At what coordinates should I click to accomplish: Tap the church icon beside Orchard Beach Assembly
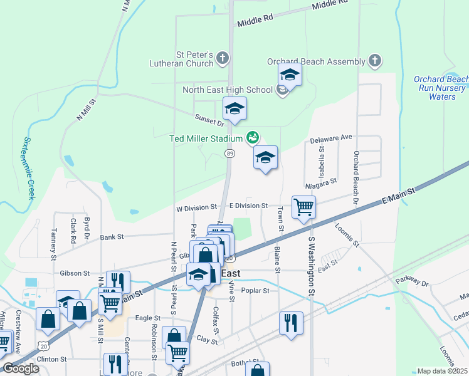point(375,61)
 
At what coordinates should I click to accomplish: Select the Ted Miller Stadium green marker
point(253,137)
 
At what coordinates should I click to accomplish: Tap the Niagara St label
point(322,183)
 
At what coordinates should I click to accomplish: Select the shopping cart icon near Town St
point(303,207)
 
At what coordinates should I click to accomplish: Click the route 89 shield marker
point(230,154)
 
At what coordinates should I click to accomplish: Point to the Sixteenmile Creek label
point(29,169)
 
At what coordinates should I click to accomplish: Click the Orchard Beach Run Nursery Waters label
point(441,88)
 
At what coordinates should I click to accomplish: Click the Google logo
point(21,368)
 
